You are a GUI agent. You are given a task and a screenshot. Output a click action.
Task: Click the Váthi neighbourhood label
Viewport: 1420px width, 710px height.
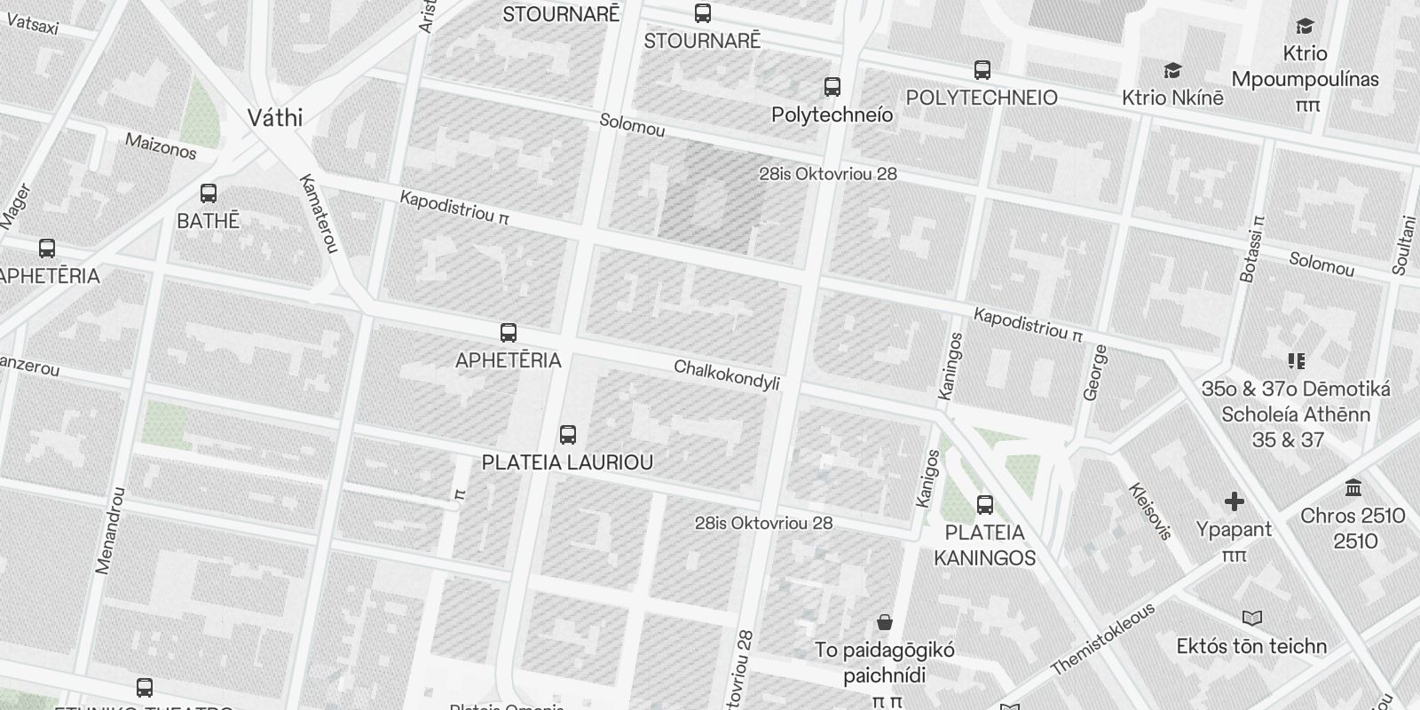point(274,118)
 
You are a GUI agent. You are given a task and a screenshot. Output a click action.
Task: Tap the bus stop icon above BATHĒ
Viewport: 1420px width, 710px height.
point(209,193)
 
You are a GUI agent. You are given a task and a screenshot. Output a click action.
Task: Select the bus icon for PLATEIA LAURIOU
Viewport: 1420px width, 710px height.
point(568,435)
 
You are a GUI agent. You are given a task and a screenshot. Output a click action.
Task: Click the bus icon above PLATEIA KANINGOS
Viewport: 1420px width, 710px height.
point(984,505)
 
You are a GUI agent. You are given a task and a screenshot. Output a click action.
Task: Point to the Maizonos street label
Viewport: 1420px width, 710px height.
point(161,146)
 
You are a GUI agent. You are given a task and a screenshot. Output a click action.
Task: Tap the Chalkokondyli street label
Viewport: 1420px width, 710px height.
point(727,375)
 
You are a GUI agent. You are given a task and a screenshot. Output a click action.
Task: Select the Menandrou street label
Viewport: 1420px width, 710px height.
point(111,530)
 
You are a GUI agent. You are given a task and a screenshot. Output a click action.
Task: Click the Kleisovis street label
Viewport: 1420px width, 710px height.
point(1150,511)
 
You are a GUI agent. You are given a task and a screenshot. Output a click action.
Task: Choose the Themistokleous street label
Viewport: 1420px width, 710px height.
point(1103,639)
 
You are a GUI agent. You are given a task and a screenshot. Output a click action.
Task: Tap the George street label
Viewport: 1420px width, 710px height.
point(1097,373)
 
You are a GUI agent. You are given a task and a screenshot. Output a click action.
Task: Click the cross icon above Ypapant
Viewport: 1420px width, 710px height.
point(1234,502)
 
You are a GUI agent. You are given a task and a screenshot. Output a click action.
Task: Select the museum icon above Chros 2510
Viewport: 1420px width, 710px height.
point(1353,488)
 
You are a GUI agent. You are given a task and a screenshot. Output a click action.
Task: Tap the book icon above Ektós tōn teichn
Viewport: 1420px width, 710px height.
point(1252,619)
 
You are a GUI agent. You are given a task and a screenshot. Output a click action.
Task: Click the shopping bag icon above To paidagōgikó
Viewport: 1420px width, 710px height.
point(884,622)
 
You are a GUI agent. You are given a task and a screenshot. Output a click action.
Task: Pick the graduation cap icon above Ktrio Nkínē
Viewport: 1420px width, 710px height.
point(1172,70)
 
